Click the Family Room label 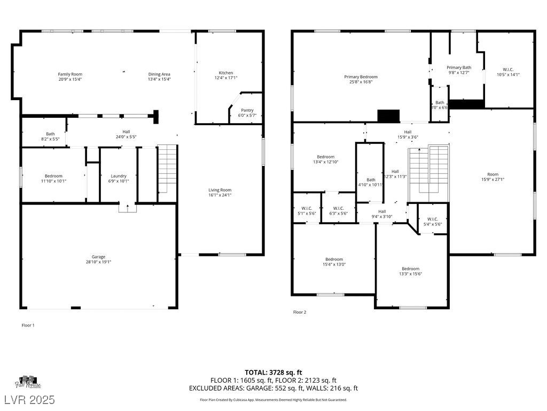(x=70, y=74)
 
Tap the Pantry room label (x=247, y=110)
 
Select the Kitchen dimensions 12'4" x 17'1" (x=226, y=78)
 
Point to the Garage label (x=98, y=257)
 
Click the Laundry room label (x=119, y=176)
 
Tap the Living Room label (x=220, y=190)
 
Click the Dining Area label (x=159, y=74)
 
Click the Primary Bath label (x=459, y=67)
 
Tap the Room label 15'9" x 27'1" (x=492, y=174)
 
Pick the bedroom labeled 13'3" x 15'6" (x=411, y=269)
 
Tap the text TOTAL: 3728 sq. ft (x=273, y=372)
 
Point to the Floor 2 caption (x=300, y=312)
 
